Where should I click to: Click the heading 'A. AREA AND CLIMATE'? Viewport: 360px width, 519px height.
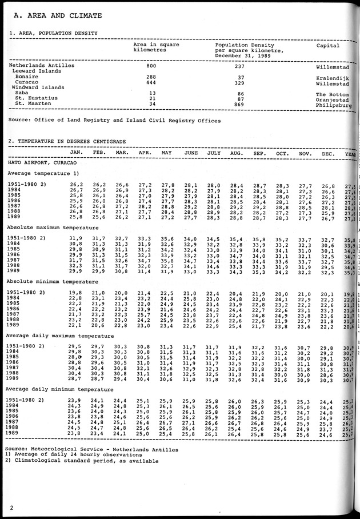(55, 15)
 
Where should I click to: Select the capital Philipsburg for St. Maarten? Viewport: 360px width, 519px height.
(336, 106)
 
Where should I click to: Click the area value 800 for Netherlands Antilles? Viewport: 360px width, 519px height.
(151, 66)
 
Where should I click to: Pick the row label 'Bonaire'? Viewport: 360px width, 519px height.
(27, 77)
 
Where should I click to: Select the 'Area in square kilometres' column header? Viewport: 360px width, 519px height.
(157, 47)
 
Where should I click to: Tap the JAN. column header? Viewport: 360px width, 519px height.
(77, 153)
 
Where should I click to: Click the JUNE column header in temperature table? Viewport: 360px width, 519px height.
(191, 153)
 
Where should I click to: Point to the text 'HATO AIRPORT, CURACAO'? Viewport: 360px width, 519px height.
(43, 163)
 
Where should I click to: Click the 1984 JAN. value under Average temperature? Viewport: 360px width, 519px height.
(77, 190)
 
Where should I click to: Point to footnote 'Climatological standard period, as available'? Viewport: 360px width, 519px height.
(86, 461)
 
